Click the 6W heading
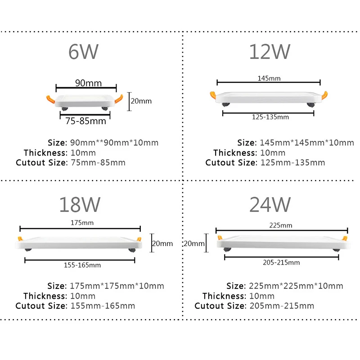[x=84, y=53]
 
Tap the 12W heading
[x=270, y=53]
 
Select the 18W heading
[x=80, y=205]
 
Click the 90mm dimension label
[x=88, y=83]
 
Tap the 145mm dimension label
[x=269, y=78]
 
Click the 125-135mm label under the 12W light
[x=270, y=117]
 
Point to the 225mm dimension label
[x=281, y=225]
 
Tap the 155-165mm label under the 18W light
[x=82, y=265]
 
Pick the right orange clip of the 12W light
[x=324, y=94]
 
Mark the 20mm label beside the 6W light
[x=141, y=101]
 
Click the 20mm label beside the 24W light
[x=194, y=244]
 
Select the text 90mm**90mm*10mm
[x=114, y=143]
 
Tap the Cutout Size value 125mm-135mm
[x=292, y=162]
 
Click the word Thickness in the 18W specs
[x=45, y=296]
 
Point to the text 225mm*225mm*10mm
[x=296, y=286]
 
